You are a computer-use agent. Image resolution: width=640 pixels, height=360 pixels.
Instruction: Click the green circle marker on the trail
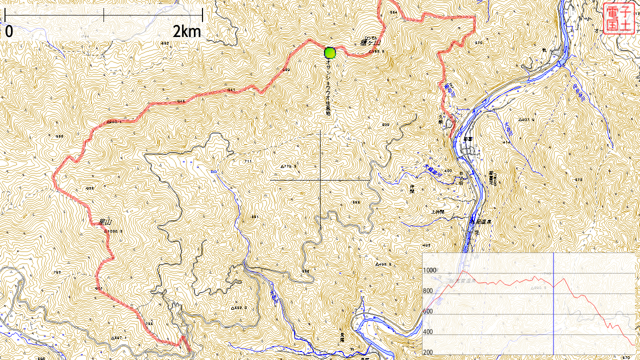point(329,52)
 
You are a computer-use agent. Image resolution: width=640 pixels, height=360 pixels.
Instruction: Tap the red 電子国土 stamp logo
point(618,18)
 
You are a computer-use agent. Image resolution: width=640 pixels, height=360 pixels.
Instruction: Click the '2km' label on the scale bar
point(186,32)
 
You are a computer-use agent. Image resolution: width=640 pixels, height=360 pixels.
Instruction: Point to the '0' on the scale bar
point(9,32)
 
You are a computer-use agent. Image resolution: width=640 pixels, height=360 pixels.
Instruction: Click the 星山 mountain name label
point(104,221)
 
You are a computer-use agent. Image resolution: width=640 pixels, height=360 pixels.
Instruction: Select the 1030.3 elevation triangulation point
point(113,231)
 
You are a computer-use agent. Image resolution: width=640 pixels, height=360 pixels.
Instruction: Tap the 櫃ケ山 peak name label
point(370,42)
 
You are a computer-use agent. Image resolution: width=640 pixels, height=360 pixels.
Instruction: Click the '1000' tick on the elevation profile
point(430,270)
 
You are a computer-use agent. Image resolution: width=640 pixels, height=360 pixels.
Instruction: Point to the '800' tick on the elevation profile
point(428,291)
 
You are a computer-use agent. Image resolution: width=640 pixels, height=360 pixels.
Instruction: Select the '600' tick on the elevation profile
point(428,311)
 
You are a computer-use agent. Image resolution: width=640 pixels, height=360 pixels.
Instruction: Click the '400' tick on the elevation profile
point(428,332)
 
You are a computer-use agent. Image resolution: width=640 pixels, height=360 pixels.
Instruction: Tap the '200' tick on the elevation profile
point(428,352)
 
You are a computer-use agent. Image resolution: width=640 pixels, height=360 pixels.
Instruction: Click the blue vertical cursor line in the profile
point(553,305)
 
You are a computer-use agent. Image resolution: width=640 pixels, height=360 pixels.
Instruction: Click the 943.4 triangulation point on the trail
point(114,121)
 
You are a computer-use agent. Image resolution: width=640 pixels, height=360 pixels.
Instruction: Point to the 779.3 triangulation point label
point(288,166)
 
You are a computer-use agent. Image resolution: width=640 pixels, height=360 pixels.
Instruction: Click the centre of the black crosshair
point(320,179)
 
